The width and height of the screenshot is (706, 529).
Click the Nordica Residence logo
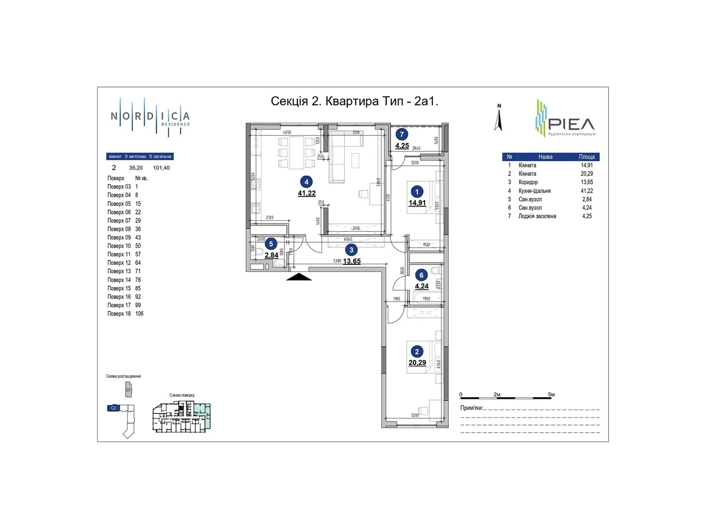tap(150, 117)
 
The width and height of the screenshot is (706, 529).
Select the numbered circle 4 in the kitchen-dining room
tap(306, 182)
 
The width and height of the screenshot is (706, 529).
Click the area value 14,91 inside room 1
tap(417, 203)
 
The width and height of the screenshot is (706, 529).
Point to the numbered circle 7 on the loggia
tap(402, 134)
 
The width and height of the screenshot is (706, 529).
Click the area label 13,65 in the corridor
tap(352, 261)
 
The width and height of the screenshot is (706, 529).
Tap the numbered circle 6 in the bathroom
tap(421, 275)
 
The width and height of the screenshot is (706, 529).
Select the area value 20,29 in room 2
tap(417, 363)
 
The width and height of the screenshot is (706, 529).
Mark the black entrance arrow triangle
tap(299, 277)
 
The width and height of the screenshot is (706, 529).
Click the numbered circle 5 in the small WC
tap(271, 244)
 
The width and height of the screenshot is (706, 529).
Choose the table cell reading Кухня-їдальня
tap(534, 191)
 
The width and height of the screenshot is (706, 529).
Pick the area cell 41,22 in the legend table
tap(586, 191)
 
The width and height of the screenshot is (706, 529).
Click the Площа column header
tap(586, 157)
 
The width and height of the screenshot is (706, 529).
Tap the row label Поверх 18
tap(119, 314)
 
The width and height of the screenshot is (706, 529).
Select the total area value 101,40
tap(161, 168)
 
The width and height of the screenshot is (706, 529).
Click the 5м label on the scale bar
tap(551, 395)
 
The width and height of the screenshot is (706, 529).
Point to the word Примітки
tap(471, 408)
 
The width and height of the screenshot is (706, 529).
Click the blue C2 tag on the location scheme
tap(113, 408)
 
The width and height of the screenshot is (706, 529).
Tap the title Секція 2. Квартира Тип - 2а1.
tap(354, 101)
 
